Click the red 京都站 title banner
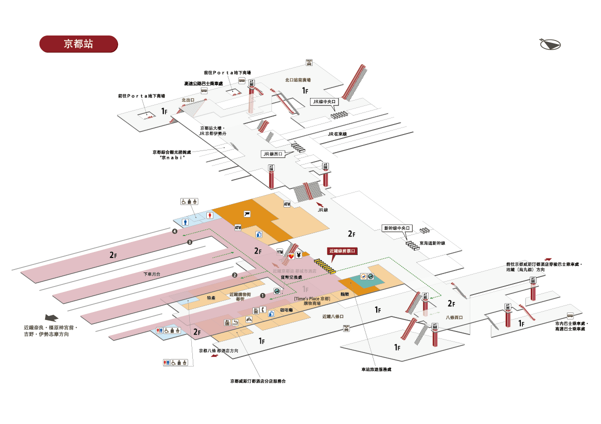(78, 44)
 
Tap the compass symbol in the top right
(551, 44)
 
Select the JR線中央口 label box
(324, 101)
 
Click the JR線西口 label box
(273, 154)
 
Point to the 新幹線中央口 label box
(397, 228)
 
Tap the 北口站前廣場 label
(298, 79)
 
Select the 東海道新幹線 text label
(432, 243)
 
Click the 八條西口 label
(454, 317)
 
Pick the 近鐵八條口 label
(333, 316)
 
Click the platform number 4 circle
(174, 231)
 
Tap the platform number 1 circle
(262, 295)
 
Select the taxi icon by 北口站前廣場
(310, 62)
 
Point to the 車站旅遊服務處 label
(376, 369)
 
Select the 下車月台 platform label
(152, 274)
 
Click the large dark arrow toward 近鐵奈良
(52, 317)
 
